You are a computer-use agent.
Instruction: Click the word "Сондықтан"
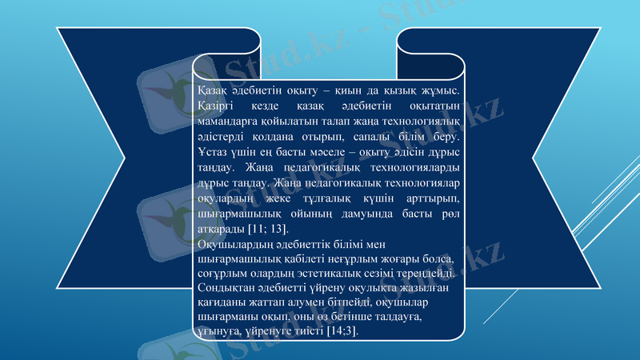click(226, 288)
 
